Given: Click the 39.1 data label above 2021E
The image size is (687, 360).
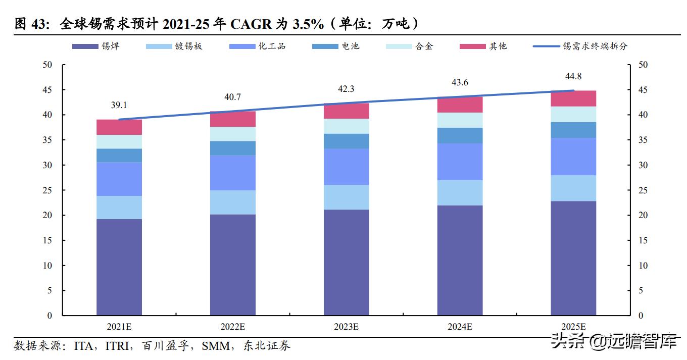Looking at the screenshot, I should pyautogui.click(x=119, y=105).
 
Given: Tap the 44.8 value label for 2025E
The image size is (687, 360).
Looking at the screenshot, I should pyautogui.click(x=573, y=76).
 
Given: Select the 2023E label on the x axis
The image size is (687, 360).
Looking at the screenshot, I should pyautogui.click(x=346, y=327).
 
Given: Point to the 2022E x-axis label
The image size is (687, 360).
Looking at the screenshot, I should pyautogui.click(x=233, y=327).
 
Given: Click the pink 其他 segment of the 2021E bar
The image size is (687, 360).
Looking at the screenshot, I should pyautogui.click(x=119, y=127).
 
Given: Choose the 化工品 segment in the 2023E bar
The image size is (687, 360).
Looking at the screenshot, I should pyautogui.click(x=346, y=167).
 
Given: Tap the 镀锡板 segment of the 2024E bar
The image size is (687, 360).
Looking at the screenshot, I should pyautogui.click(x=460, y=193).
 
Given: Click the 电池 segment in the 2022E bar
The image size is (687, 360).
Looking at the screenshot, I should pyautogui.click(x=233, y=148).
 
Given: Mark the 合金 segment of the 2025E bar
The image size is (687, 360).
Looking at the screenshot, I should pyautogui.click(x=573, y=114).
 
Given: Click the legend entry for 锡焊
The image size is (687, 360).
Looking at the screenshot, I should pyautogui.click(x=96, y=46).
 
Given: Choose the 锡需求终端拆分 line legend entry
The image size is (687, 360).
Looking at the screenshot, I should pyautogui.click(x=580, y=46).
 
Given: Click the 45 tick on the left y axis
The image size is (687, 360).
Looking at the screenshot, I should pyautogui.click(x=47, y=90).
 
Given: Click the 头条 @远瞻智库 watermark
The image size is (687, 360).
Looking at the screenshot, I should pyautogui.click(x=613, y=342).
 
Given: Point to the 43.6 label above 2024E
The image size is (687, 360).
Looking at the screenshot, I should pyautogui.click(x=460, y=82).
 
